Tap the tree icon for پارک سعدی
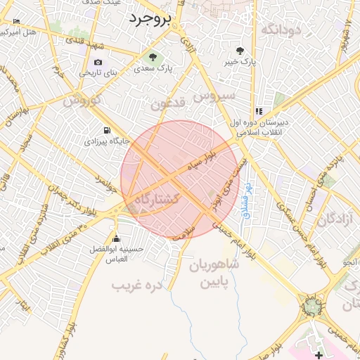[152, 56]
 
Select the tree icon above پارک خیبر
[240, 51]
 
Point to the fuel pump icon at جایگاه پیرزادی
[106, 130]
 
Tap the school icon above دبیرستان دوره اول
[259, 111]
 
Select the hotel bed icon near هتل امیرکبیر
[16, 22]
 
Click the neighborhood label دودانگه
[281, 29]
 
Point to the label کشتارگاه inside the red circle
[157, 199]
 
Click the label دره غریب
[139, 285]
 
